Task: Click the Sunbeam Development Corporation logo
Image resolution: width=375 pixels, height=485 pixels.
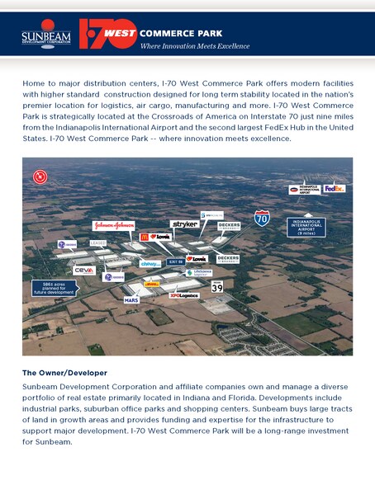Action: click(x=45, y=36)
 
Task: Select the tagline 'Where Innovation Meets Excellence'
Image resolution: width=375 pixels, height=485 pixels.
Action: click(x=194, y=46)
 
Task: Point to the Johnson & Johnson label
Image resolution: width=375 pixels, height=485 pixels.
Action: click(x=113, y=224)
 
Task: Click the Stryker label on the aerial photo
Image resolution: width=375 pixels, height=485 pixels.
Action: click(x=184, y=224)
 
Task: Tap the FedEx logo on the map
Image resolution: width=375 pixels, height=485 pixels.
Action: click(x=334, y=189)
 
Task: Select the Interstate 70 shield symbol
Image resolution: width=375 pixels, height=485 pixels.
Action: click(x=262, y=219)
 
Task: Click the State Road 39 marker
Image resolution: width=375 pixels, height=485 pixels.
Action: click(x=217, y=286)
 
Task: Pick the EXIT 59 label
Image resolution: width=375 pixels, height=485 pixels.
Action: click(x=175, y=261)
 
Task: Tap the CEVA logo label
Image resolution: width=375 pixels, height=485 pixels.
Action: click(x=83, y=270)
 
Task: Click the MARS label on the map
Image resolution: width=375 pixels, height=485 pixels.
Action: click(x=131, y=300)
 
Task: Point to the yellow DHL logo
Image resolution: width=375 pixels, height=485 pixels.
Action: click(x=151, y=284)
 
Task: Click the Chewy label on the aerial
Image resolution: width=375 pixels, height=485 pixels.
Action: click(x=150, y=263)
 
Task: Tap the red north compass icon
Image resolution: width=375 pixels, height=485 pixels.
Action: click(x=39, y=176)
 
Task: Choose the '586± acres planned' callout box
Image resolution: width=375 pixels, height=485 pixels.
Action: click(x=54, y=288)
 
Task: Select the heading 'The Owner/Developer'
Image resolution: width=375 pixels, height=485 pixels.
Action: click(x=64, y=373)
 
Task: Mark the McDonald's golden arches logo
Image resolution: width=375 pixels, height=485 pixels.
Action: click(x=145, y=238)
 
